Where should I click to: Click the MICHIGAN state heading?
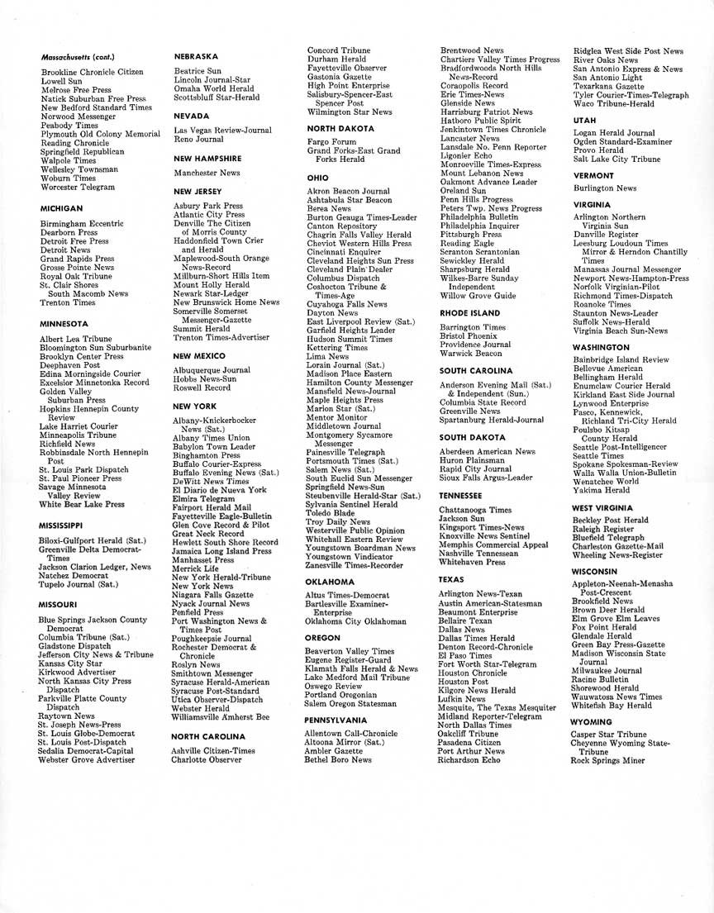[61, 209]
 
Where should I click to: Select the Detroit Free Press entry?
[74, 241]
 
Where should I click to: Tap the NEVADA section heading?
[191, 117]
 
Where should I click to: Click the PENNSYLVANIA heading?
[336, 719]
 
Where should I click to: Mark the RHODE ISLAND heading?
[469, 313]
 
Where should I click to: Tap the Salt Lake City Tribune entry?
[617, 159]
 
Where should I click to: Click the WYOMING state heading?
[592, 722]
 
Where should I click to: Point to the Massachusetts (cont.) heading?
[78, 58]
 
